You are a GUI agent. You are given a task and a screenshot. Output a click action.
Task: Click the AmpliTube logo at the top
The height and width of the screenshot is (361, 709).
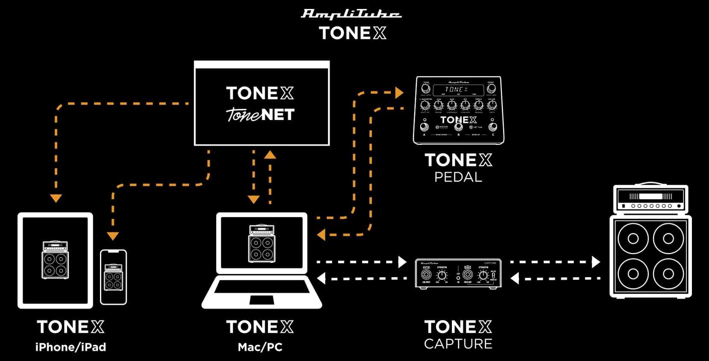351,15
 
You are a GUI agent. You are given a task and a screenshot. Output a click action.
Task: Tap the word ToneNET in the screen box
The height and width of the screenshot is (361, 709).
260,114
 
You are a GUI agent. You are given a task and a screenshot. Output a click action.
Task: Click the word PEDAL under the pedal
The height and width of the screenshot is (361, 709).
458,177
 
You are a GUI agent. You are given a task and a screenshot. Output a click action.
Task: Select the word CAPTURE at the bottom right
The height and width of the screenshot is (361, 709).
458,344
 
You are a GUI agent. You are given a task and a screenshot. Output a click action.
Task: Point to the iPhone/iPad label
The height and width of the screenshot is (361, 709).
70,347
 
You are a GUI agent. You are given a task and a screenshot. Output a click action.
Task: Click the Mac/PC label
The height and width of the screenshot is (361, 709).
260,347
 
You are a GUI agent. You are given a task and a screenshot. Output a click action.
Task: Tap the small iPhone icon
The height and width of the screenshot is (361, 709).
113,277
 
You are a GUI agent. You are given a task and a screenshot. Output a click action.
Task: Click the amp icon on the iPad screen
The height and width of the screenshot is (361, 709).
55,260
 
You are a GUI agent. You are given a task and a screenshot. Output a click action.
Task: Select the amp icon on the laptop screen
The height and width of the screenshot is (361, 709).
262,243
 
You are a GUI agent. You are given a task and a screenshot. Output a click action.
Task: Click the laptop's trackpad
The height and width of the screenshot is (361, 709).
262,300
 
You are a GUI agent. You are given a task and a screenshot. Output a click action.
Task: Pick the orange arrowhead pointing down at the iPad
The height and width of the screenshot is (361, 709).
56,198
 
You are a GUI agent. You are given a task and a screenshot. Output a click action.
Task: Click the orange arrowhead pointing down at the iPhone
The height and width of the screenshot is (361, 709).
113,236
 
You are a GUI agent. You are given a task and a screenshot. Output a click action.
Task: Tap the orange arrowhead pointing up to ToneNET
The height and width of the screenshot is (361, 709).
270,154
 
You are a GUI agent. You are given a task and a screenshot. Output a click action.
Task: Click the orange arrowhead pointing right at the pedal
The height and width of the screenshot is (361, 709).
399,92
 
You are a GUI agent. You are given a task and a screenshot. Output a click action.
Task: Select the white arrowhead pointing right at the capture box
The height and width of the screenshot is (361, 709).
402,262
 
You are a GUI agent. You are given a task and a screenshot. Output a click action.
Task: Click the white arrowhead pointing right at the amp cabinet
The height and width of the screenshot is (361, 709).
596,262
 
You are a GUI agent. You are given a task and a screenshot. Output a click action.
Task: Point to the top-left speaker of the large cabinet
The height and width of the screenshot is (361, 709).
633,238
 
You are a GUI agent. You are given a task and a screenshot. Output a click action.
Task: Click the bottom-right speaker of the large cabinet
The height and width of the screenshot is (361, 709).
668,274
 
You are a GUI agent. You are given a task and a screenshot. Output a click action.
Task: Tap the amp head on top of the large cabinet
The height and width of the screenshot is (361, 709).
650,200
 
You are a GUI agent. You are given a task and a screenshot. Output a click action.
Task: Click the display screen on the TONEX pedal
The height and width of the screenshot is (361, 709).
458,90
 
